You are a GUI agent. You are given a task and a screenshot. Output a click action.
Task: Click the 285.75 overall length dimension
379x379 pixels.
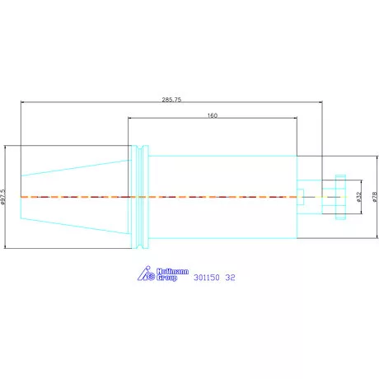pyautogui.click(x=171, y=100)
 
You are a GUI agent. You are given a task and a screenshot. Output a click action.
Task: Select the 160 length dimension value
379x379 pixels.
pyautogui.click(x=213, y=115)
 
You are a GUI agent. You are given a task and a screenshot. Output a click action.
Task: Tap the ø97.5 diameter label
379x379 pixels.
pyautogui.click(x=3, y=197)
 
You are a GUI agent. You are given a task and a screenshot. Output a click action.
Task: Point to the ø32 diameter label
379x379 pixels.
pyautogui.click(x=358, y=197)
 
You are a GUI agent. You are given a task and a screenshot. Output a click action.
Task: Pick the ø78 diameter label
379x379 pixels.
pyautogui.click(x=375, y=197)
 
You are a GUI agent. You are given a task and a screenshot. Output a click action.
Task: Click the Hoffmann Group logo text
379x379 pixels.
pyautogui.click(x=172, y=274)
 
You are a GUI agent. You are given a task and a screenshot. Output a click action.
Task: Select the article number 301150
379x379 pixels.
pyautogui.click(x=207, y=278)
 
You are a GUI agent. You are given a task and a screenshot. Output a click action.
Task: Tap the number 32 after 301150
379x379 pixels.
pyautogui.click(x=230, y=278)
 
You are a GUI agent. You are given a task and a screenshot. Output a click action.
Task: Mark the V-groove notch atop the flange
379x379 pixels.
pyautogui.click(x=140, y=148)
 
